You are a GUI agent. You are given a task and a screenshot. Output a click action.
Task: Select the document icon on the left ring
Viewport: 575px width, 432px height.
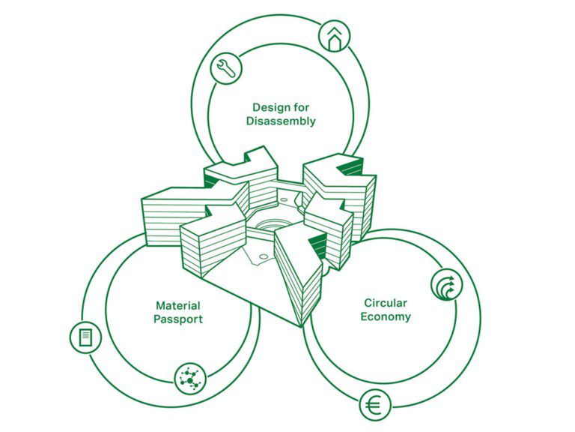pos(85,337)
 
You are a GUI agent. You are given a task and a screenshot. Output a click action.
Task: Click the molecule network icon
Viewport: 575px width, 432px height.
pos(189,379)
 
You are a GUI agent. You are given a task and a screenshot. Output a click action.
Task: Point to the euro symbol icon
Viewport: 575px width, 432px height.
pos(374,406)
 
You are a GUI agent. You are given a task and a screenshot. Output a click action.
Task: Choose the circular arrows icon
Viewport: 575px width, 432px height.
pos(446,284)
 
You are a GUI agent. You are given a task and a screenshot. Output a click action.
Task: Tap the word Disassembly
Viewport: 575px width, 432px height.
pos(281,121)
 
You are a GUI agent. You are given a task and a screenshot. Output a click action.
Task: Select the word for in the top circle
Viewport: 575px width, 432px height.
pos(301,107)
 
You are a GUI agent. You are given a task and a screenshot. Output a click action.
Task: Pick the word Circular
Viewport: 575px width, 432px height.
pos(386,302)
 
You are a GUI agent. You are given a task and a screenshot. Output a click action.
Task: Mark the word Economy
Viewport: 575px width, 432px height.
pos(386,316)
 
